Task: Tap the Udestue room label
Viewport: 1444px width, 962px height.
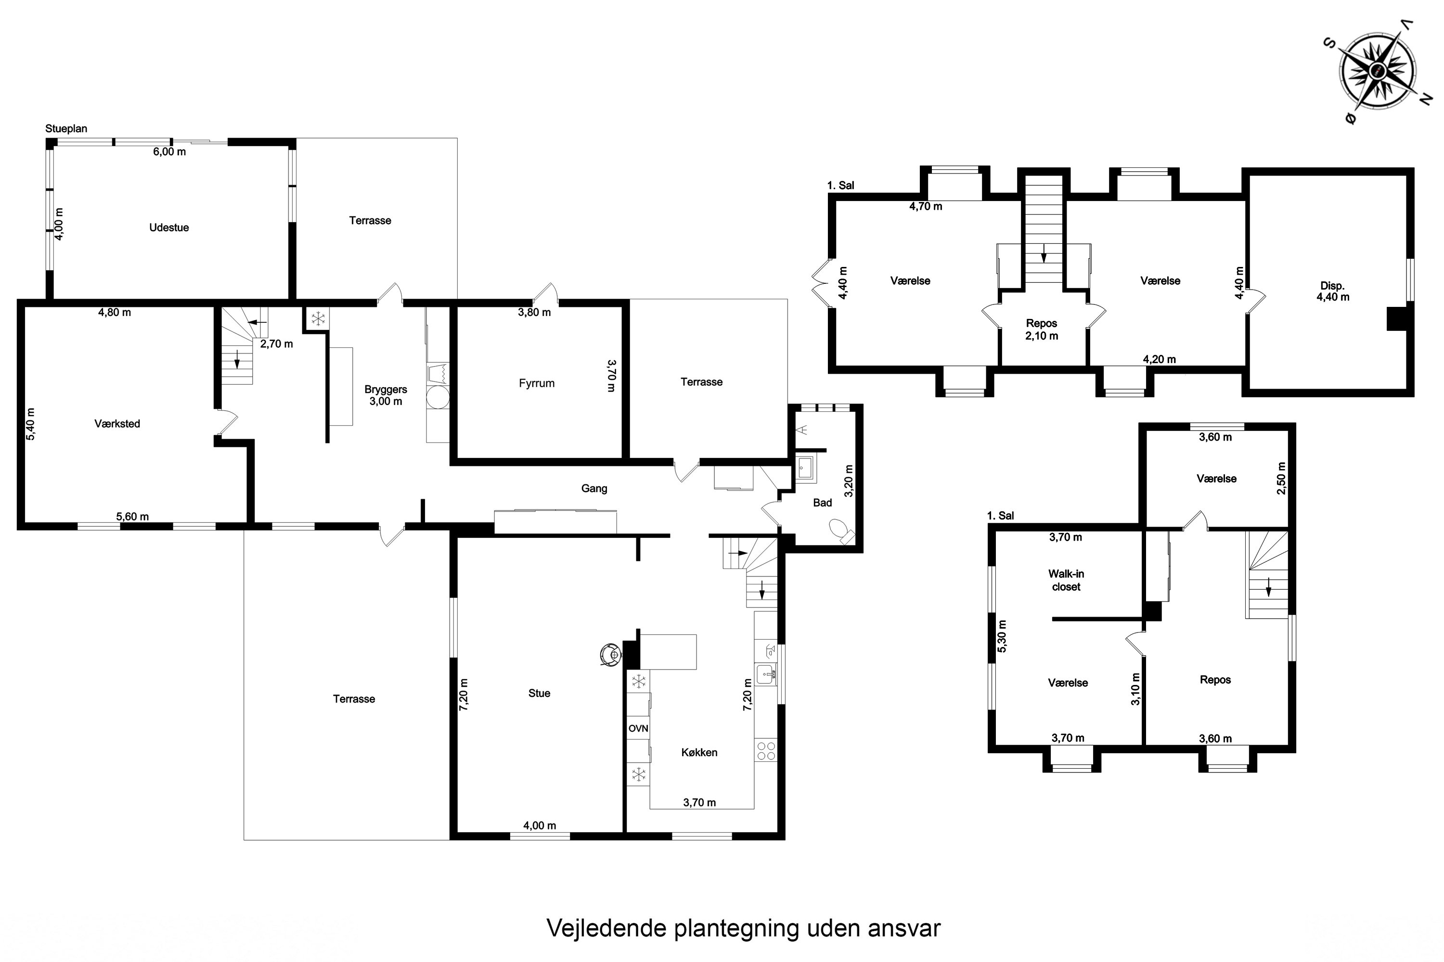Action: point(169,228)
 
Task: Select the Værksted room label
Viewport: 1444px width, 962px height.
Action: point(117,424)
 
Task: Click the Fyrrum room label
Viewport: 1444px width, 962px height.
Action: point(537,383)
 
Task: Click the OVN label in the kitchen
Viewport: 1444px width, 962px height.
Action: point(639,729)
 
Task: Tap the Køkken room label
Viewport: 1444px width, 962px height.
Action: point(699,753)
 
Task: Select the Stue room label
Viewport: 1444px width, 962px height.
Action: point(539,693)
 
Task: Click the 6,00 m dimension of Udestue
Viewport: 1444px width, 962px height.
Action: point(169,152)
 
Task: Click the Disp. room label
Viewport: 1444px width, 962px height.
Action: point(1332,286)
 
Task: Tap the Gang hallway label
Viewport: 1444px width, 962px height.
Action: point(594,489)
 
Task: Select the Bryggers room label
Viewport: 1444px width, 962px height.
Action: point(386,390)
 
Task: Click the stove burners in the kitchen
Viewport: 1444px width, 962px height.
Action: point(766,751)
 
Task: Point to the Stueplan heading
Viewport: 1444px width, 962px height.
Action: point(66,129)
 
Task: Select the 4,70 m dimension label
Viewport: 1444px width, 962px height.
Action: point(926,207)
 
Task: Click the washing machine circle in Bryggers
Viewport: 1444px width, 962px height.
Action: point(438,397)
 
